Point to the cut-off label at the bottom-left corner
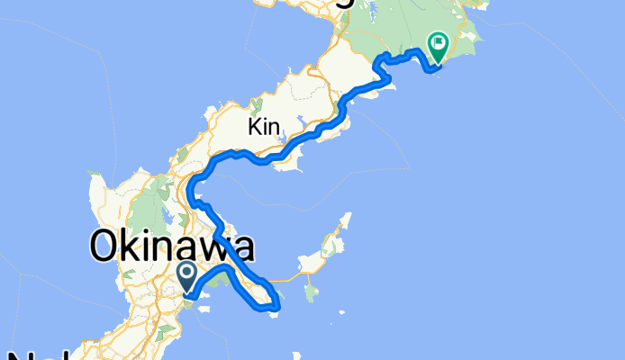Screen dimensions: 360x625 [x=23, y=354]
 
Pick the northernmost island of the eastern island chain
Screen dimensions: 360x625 [x=346, y=220]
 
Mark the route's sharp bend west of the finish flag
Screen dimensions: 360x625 [x=378, y=61]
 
